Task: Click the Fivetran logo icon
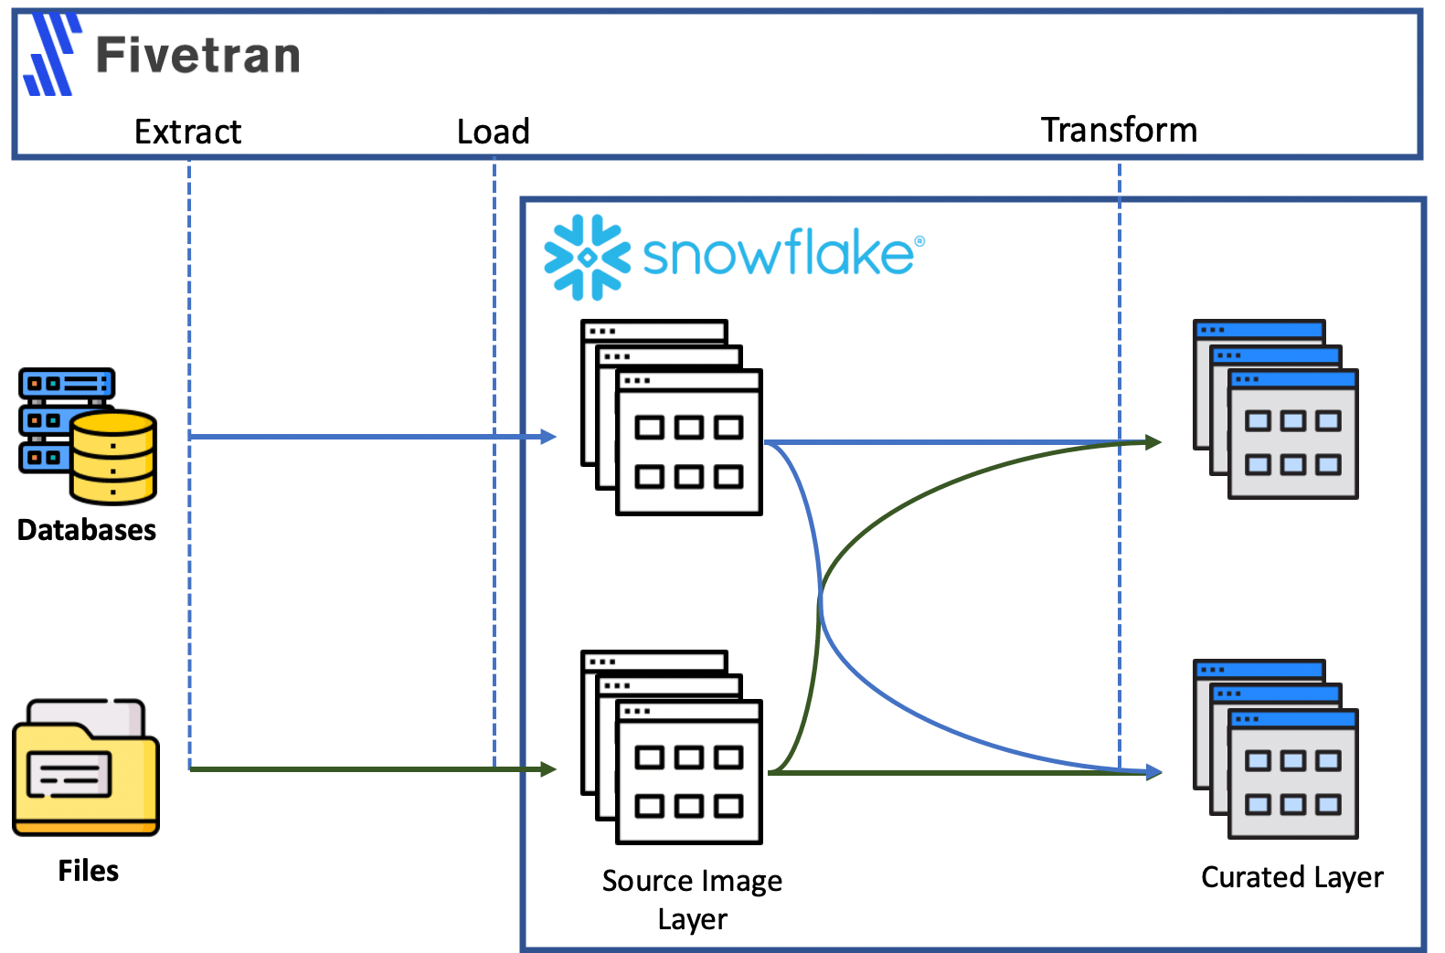[x=51, y=56]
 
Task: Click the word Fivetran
[x=198, y=55]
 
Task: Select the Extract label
[x=187, y=132]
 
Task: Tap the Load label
[x=494, y=132]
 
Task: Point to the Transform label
[x=1119, y=131]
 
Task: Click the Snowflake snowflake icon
[x=587, y=258]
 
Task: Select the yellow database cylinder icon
[x=113, y=456]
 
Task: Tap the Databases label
[x=87, y=531]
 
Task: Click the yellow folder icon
[x=86, y=768]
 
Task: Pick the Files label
[x=89, y=871]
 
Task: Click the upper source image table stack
[x=673, y=418]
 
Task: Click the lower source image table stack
[x=673, y=747]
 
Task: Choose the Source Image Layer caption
[x=692, y=899]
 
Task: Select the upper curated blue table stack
[x=1276, y=409]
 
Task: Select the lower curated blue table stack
[x=1276, y=749]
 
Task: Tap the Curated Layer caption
[x=1291, y=877]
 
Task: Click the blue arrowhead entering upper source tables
[x=548, y=437]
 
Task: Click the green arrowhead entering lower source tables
[x=548, y=769]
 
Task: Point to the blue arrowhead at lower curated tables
[x=1154, y=772]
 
